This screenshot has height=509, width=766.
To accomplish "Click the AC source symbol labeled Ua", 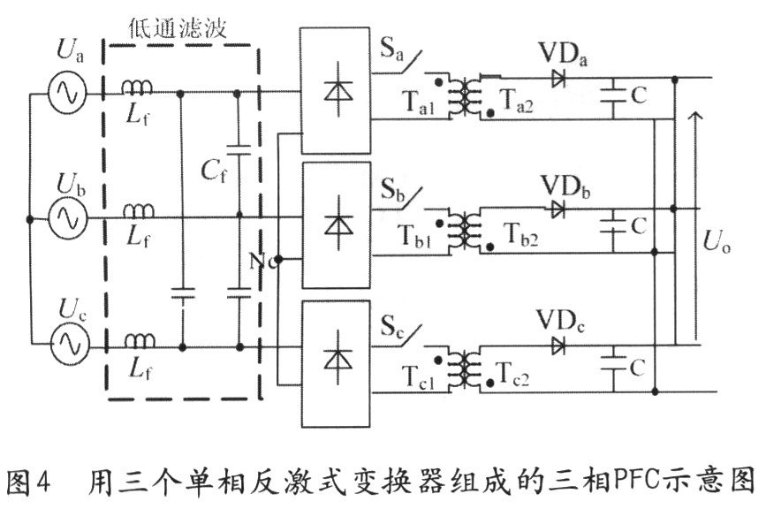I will [65, 91].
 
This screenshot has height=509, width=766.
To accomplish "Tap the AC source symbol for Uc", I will [65, 343].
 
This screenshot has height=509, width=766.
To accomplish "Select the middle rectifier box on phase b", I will [336, 224].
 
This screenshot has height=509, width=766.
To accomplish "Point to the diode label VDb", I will [565, 186].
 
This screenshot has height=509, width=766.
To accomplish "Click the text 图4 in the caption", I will [34, 482].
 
